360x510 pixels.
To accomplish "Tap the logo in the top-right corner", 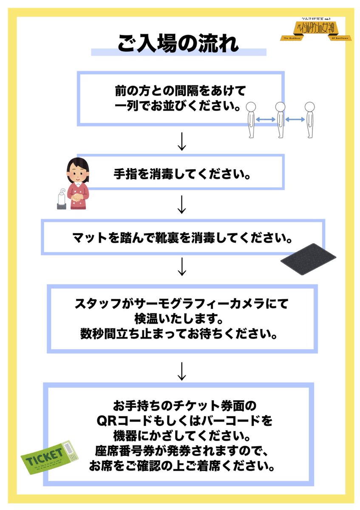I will click(312, 30).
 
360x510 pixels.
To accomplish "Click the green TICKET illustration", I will click(50, 458).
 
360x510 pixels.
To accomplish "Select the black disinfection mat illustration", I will click(309, 259).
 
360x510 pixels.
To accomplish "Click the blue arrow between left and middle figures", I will click(266, 120).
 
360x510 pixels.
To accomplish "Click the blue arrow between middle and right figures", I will click(295, 120).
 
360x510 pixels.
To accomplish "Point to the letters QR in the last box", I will click(106, 422).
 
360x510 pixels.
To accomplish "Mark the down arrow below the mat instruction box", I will click(181, 267).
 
